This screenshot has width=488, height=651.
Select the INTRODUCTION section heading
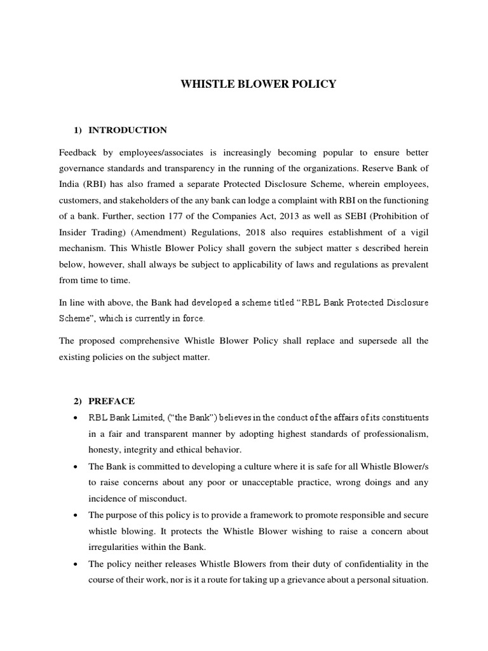tap(128, 130)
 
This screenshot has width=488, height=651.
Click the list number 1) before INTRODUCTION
tap(79, 130)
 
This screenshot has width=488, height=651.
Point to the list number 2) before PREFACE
tap(79, 401)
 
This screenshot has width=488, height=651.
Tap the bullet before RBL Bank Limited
tap(77, 418)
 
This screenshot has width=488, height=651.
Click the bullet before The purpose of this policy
tap(77, 515)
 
